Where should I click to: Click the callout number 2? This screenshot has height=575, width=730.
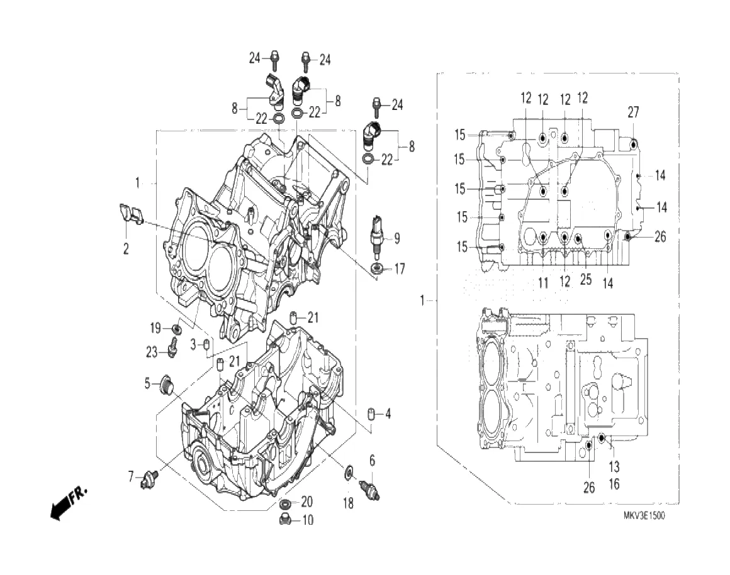[126, 249]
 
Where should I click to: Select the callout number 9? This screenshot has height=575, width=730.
[397, 238]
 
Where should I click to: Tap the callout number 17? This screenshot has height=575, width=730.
[400, 270]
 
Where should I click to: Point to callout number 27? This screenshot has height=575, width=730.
[633, 112]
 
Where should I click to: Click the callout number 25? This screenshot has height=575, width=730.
[586, 280]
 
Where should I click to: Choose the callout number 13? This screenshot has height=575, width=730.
[614, 467]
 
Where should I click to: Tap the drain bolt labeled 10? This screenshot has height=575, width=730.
[284, 519]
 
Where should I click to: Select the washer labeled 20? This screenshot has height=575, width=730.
[284, 504]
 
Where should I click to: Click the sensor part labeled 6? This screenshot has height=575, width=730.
[369, 489]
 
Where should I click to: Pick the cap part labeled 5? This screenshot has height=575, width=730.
[167, 383]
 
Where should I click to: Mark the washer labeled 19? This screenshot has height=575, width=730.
[177, 328]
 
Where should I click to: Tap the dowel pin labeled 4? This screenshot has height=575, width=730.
[373, 414]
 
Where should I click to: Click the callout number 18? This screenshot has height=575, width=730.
[348, 503]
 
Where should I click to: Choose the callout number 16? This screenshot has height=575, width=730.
[614, 484]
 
